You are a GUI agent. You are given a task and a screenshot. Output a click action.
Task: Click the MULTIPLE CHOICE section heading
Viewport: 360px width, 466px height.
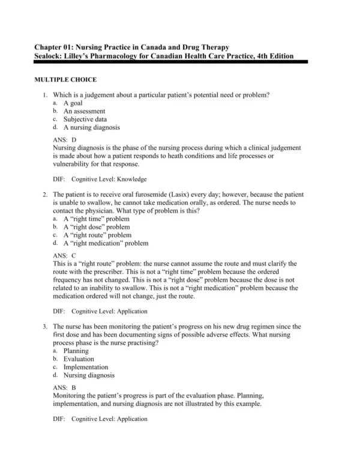pyautogui.click(x=65, y=80)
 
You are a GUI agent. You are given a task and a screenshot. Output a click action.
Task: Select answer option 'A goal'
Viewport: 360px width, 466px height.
pyautogui.click(x=73, y=103)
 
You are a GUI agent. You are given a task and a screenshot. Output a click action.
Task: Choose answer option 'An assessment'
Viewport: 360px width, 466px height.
pyautogui.click(x=84, y=111)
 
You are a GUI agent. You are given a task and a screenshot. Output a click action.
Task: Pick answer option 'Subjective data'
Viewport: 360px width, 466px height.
pyautogui.click(x=86, y=119)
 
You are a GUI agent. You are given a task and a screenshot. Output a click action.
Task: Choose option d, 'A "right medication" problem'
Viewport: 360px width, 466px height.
pyautogui.click(x=106, y=243)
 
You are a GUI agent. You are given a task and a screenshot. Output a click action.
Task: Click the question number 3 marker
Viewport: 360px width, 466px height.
pyautogui.click(x=45, y=326)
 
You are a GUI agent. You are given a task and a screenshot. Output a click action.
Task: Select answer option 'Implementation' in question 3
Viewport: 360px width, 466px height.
pyautogui.click(x=86, y=367)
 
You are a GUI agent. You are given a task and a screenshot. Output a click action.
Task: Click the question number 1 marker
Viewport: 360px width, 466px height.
pyautogui.click(x=45, y=95)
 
